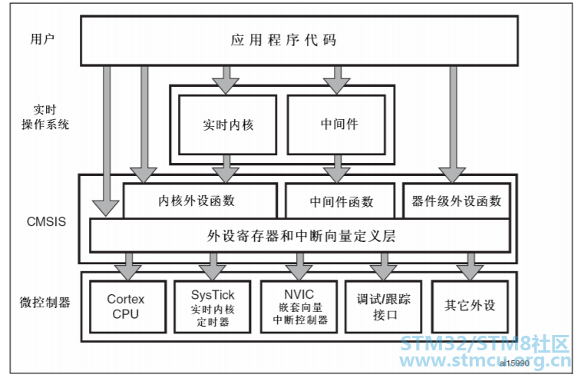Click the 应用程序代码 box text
click(283, 40)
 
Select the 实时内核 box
click(227, 124)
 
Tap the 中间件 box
click(336, 124)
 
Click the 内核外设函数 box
click(200, 201)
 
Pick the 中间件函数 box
click(340, 201)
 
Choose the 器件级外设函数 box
click(457, 201)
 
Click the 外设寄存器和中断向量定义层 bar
click(300, 236)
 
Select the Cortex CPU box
click(127, 307)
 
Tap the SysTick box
click(213, 307)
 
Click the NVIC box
click(299, 307)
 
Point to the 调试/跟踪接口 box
click(383, 307)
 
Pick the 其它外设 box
click(470, 307)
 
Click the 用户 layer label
click(42, 38)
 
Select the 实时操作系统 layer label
click(45, 117)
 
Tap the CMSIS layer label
click(47, 221)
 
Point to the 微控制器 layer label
click(45, 303)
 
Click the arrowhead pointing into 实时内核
click(226, 86)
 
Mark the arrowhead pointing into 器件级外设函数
click(453, 175)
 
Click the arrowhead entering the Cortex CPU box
click(128, 273)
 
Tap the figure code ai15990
click(514, 363)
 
